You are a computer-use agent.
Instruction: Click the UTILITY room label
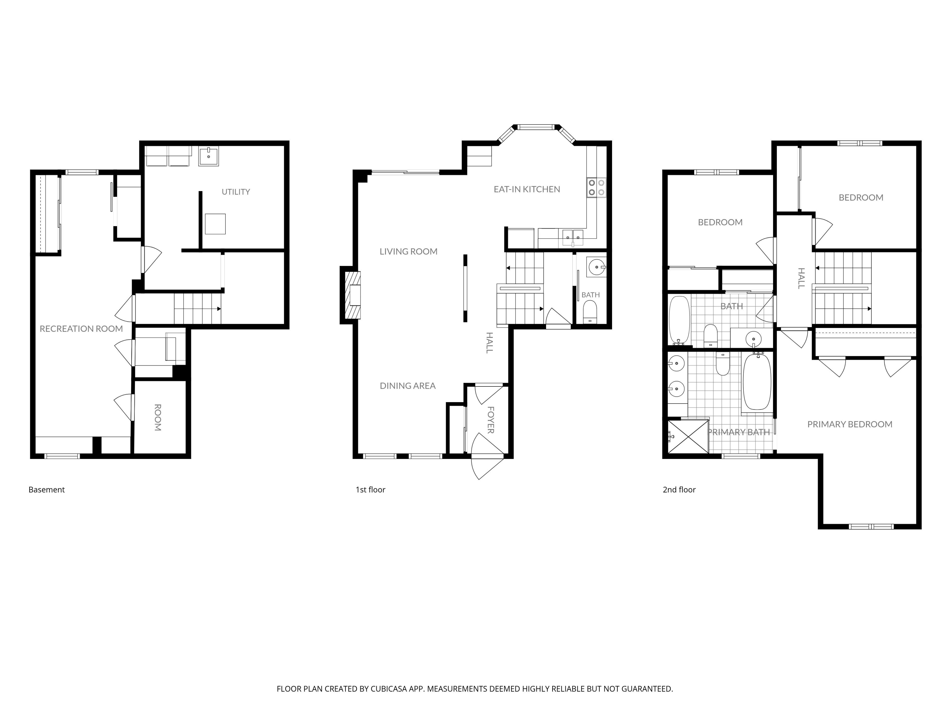[236, 192]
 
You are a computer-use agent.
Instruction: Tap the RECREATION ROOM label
[81, 329]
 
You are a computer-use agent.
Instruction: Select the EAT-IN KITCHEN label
[527, 189]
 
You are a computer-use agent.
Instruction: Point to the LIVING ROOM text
[408, 252]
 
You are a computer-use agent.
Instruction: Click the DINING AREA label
[407, 386]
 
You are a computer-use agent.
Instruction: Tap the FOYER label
[490, 420]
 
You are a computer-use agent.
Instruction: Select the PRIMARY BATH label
[739, 432]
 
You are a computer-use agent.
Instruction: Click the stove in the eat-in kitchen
[596, 188]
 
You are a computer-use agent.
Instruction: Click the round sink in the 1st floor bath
[596, 267]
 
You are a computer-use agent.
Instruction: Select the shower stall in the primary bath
[688, 437]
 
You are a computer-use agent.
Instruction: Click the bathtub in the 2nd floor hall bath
[679, 320]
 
